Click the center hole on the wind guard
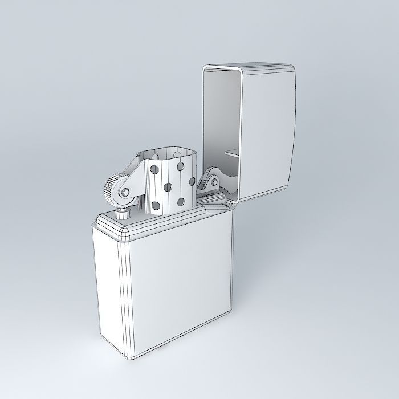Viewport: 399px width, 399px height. [x=169, y=187]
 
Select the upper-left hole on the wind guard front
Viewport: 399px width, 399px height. [x=154, y=169]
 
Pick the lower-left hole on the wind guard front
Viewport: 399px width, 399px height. [x=155, y=205]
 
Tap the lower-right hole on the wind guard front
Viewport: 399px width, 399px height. [x=182, y=202]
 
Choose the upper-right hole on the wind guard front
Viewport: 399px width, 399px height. [x=181, y=167]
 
